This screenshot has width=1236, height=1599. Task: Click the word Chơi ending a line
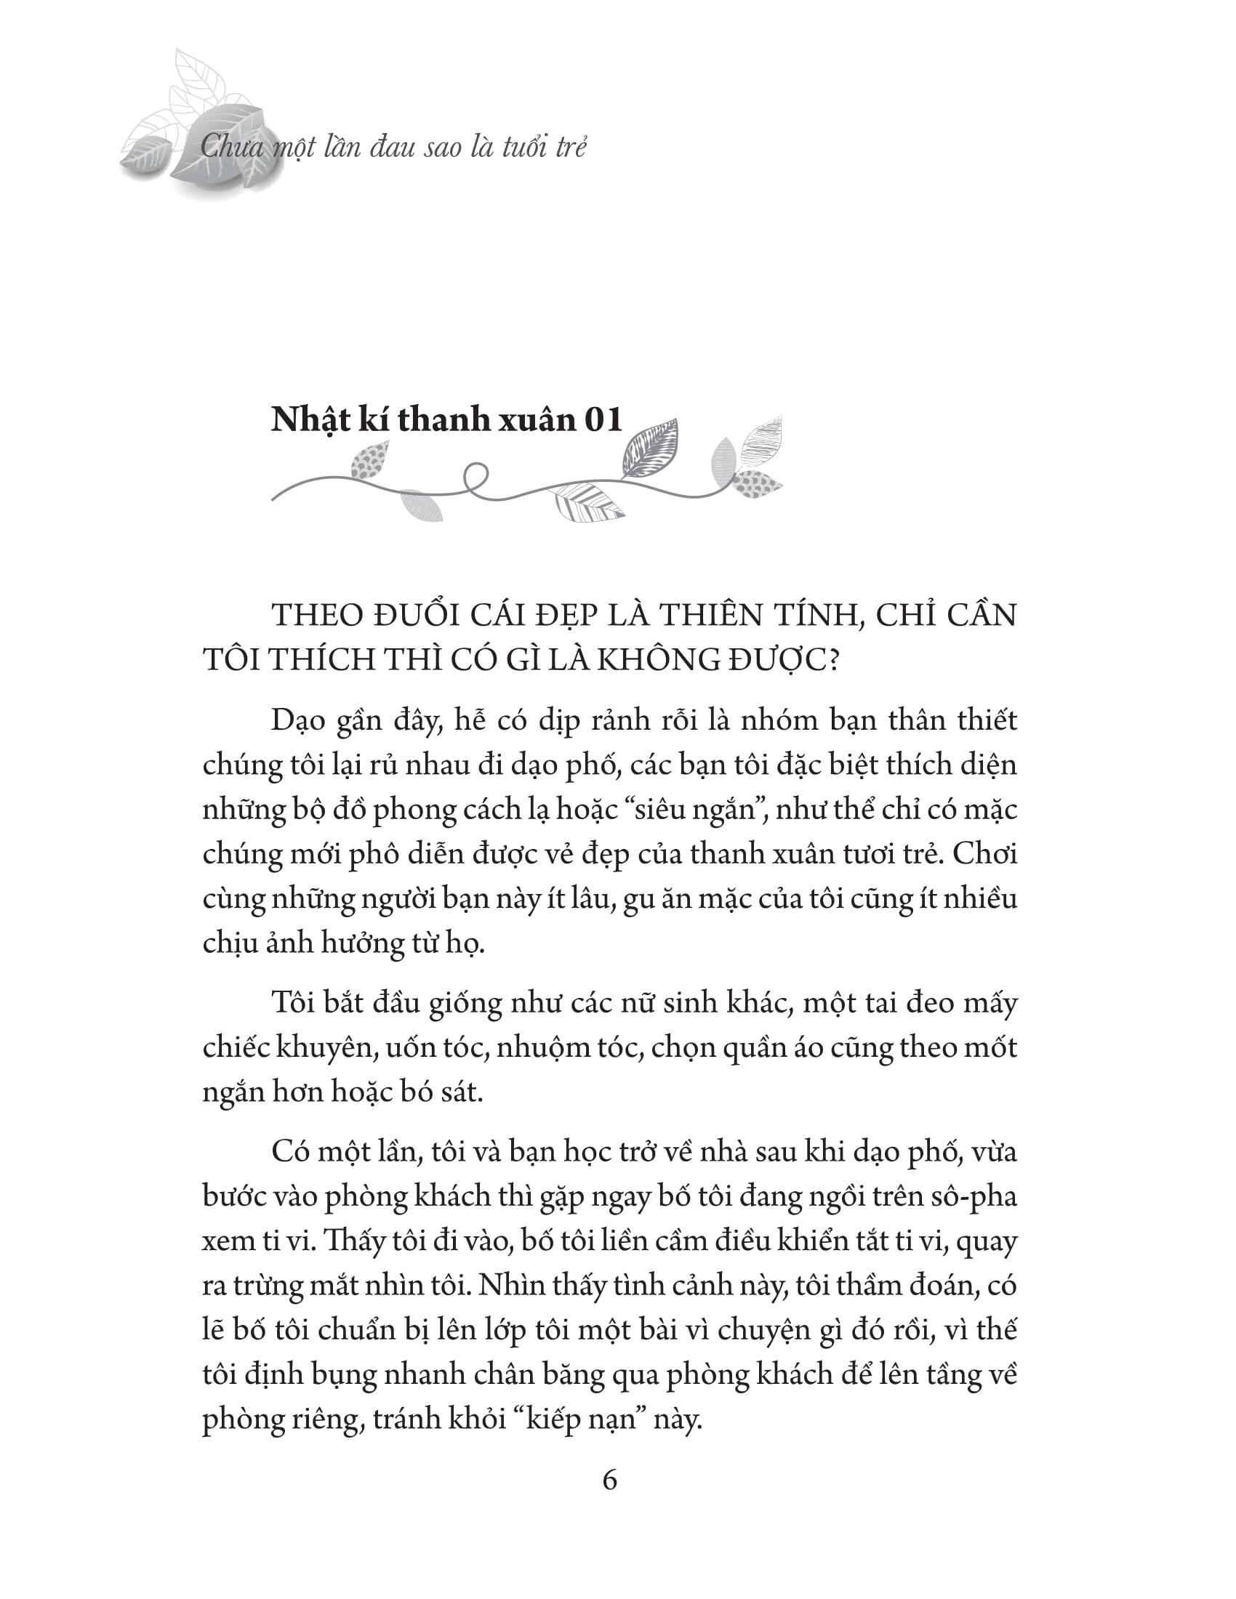(x=986, y=855)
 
